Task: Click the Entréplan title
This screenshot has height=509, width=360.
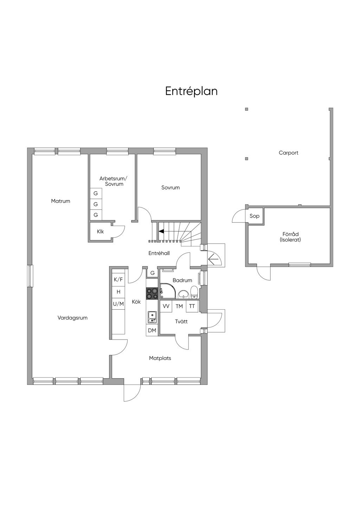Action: point(191,91)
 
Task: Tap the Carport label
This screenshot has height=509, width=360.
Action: point(288,153)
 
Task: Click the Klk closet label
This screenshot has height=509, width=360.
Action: point(100,232)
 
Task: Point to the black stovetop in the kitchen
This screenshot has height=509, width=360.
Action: point(152,294)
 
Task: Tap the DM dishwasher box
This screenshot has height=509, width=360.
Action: point(152,330)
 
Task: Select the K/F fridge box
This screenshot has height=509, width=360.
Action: point(118,279)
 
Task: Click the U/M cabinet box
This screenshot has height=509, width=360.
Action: point(118,304)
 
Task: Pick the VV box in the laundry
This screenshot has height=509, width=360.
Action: point(166,306)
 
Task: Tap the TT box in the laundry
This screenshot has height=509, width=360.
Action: point(192,306)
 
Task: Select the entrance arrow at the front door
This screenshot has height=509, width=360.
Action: point(213,259)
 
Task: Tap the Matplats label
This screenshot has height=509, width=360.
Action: point(160,358)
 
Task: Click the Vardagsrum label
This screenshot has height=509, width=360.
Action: point(72,318)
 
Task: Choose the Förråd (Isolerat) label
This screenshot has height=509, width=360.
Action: point(290,237)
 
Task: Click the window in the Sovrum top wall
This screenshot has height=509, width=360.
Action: point(165,151)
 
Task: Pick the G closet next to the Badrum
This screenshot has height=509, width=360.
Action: point(152,273)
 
